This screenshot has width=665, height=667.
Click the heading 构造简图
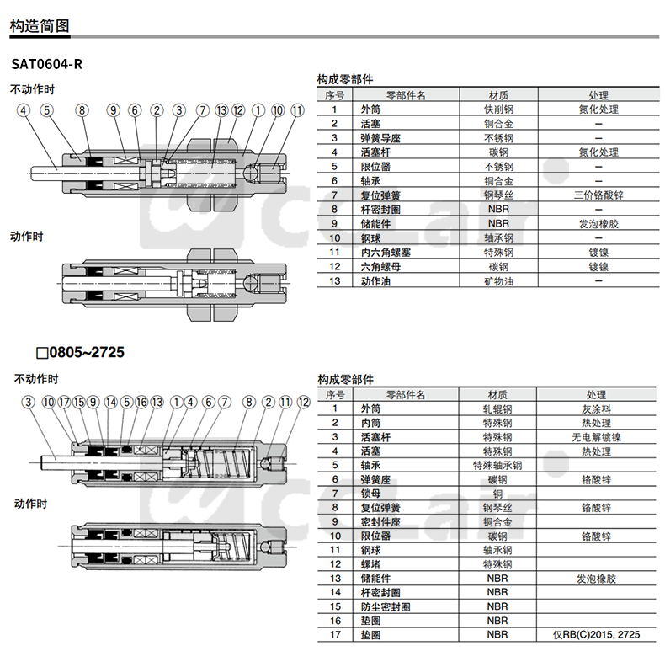40,26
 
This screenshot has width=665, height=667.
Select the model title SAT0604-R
47,64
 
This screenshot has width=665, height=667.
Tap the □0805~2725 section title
80,352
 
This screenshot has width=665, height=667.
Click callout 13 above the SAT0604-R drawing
221,110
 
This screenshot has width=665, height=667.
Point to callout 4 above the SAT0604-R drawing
24,110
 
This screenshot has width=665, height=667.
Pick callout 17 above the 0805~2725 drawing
64,403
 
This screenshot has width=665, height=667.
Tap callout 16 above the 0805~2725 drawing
141,403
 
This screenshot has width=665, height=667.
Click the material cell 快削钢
497,109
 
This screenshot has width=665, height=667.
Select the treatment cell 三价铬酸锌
598,195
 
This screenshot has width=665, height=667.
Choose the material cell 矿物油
497,281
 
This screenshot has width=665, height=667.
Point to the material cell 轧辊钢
497,408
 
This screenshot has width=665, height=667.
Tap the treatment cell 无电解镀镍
597,437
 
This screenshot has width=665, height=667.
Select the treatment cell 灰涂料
597,408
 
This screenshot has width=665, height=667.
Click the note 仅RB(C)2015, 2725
597,634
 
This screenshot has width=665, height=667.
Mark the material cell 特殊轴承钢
497,465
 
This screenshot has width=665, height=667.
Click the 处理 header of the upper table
598,95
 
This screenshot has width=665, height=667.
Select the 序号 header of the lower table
334,394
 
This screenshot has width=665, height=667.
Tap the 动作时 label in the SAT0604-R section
26,237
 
